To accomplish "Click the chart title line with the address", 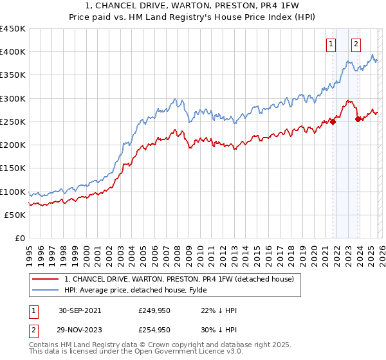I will pos(193,6).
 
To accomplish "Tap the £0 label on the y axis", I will pos(19,239).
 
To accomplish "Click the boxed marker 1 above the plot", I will pos(331,44).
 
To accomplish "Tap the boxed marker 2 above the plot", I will pos(356,44).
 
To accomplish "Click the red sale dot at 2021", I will pos(333,122).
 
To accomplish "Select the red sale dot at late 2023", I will pos(358,119).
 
